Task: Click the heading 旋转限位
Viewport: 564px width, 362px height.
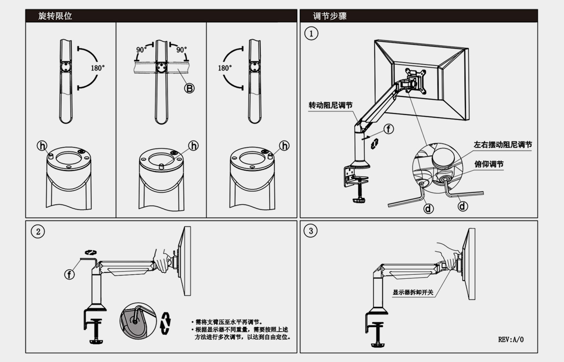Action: pos(55,16)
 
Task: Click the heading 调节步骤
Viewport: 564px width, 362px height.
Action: pos(330,16)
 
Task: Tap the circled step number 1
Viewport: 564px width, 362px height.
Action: pos(311,33)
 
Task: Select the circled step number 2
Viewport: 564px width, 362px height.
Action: pos(38,232)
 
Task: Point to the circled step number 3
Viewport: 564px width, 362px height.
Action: pos(311,231)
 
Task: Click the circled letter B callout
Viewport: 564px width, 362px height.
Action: pos(189,88)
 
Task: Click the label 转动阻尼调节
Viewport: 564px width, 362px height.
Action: pos(330,105)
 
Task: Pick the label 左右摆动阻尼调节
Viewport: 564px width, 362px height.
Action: pos(502,145)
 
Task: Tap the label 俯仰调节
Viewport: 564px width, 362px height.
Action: pos(489,164)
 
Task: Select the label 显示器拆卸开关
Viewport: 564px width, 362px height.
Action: pos(413,292)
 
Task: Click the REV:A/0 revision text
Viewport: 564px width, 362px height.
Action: pos(511,339)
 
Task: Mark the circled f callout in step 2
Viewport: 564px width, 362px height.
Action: pos(70,274)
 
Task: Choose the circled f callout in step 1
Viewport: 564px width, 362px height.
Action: pos(388,129)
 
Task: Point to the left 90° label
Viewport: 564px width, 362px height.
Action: pos(141,50)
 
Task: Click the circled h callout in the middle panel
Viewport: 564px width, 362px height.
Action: pos(193,146)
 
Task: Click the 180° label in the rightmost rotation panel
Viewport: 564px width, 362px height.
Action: pos(225,68)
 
